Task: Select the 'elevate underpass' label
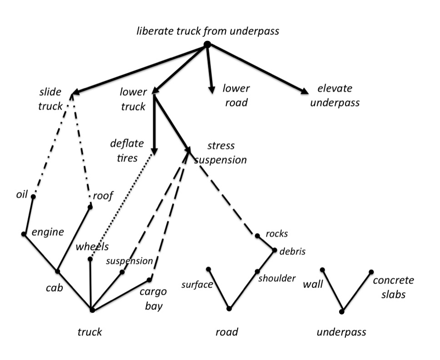tap(333, 95)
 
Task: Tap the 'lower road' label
tap(236, 95)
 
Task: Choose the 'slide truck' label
tap(50, 99)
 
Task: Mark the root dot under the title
tap(207, 44)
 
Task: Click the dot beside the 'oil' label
tap(33, 196)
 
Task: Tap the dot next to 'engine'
tap(24, 234)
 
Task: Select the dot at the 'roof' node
tap(90, 207)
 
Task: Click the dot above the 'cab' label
tap(58, 271)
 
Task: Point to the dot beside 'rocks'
tap(257, 235)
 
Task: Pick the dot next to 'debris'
tap(275, 250)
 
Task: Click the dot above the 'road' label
tap(229, 309)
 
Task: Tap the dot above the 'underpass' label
tap(342, 311)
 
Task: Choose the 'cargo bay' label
tap(154, 298)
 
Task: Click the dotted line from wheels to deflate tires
tap(121, 207)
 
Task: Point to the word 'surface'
tap(197, 285)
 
